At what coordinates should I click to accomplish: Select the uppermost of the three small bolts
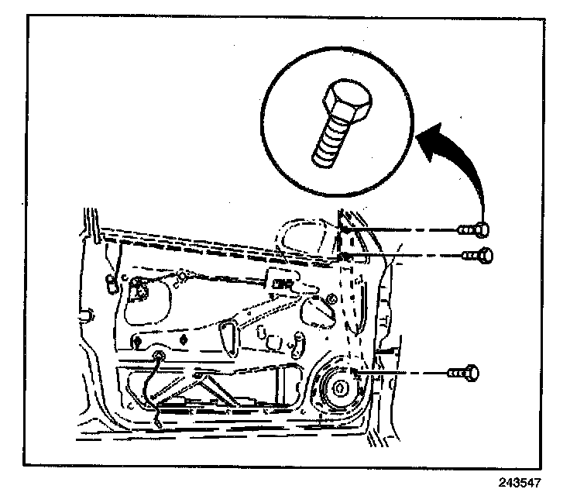click(x=474, y=229)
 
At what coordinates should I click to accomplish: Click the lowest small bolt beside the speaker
click(x=465, y=374)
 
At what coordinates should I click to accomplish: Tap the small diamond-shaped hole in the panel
click(x=183, y=339)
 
